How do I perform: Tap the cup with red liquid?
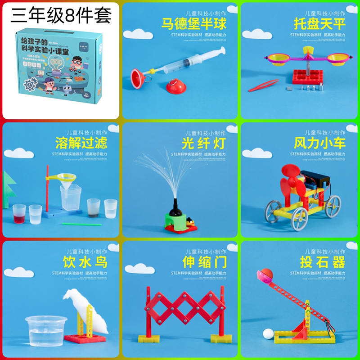[19, 213]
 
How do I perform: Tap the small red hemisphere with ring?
[171, 85]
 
